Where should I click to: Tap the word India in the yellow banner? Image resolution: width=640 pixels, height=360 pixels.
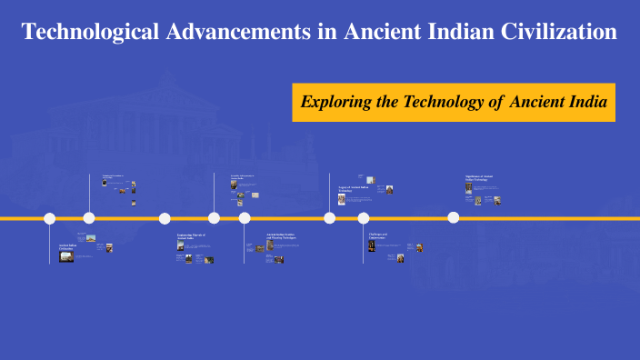[x=587, y=102]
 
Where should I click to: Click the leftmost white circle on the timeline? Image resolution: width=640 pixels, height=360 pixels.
[x=50, y=218]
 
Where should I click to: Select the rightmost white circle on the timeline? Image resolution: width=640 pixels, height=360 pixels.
[x=453, y=218]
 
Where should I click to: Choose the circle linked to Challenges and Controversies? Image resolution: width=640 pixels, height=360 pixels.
[x=364, y=218]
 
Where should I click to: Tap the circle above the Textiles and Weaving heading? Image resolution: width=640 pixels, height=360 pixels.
[x=245, y=218]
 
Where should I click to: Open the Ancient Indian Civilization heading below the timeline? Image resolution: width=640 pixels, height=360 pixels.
[x=68, y=246]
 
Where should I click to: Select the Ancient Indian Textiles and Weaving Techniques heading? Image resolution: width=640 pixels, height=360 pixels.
[x=283, y=236]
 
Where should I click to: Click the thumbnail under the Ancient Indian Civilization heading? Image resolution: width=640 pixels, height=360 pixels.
[x=66, y=257]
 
